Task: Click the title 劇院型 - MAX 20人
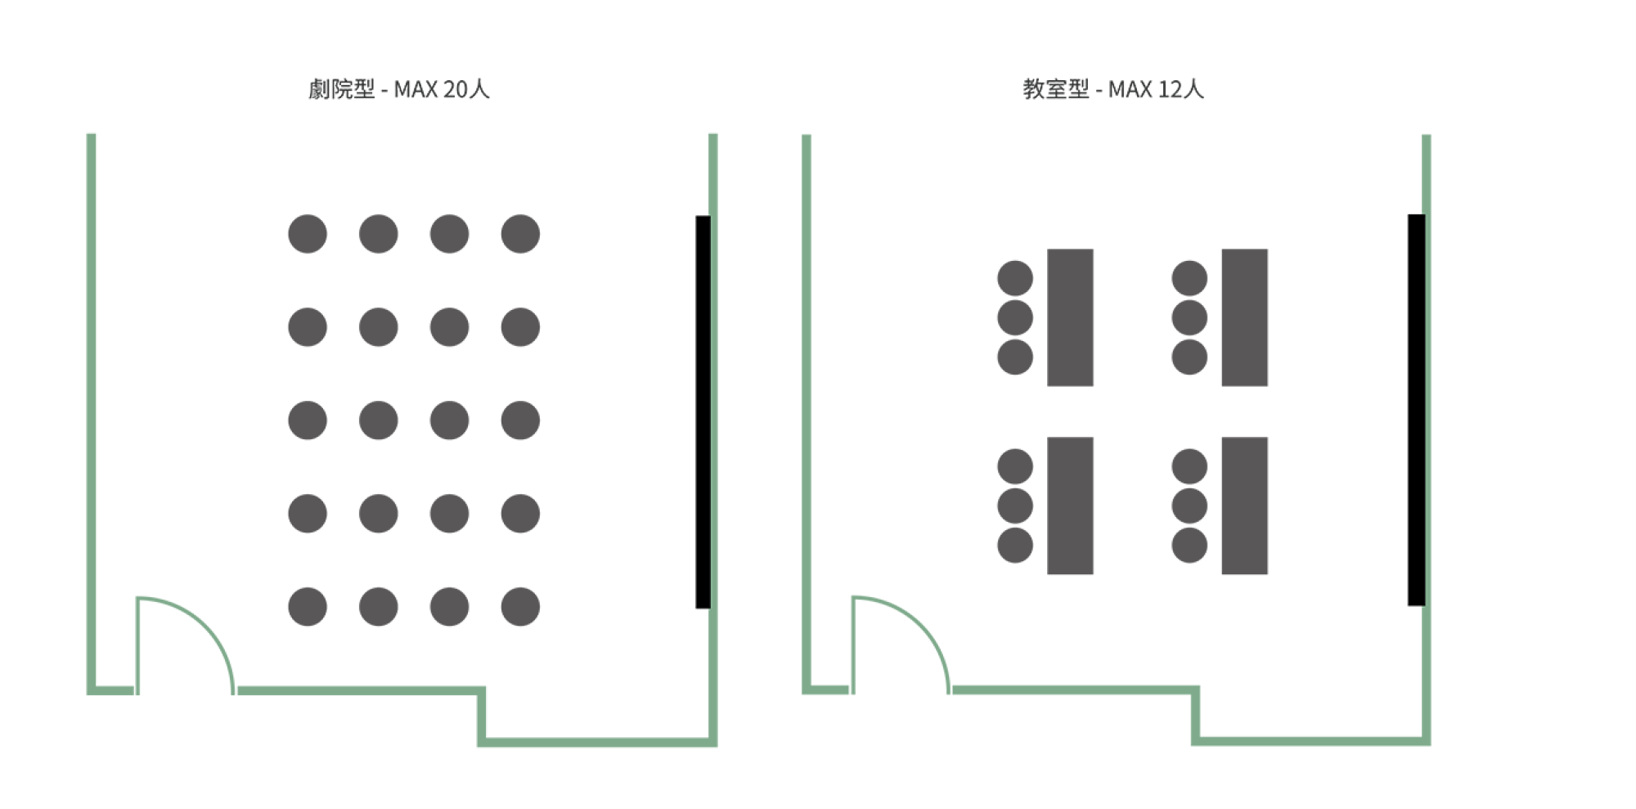(398, 89)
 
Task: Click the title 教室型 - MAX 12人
(1113, 89)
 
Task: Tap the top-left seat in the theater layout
(308, 234)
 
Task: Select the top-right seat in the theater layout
(520, 234)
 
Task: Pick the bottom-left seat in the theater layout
(308, 607)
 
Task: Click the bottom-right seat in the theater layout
(520, 607)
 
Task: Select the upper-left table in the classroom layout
(1071, 317)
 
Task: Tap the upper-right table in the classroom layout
(1244, 317)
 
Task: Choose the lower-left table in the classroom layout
(1071, 506)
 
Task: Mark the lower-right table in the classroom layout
(1244, 506)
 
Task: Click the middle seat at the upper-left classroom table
(1015, 317)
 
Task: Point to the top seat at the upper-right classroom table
(1189, 279)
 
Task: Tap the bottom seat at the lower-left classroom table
(1015, 545)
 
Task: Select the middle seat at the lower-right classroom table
(1189, 506)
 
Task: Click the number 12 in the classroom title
(1167, 89)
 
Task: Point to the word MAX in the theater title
(415, 89)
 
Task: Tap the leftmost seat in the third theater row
(308, 420)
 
